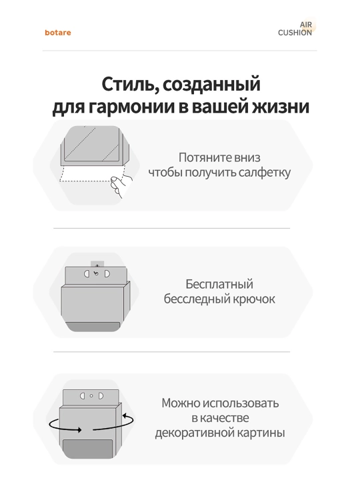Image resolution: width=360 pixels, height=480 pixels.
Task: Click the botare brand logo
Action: (58, 33)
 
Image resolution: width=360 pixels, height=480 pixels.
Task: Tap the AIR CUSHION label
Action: (295, 29)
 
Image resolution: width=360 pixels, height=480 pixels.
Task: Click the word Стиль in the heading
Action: (126, 84)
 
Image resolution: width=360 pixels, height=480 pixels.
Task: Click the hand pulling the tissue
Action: (120, 185)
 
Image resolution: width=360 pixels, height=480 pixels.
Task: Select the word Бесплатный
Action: (219, 284)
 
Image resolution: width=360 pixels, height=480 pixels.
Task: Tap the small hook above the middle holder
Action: (97, 264)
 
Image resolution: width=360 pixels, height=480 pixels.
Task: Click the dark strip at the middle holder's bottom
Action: (93, 326)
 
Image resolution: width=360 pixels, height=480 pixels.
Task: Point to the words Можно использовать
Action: (220, 403)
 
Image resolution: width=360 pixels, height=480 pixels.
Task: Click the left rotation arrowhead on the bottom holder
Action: (79, 430)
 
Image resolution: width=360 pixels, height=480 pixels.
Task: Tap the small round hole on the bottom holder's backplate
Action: (91, 396)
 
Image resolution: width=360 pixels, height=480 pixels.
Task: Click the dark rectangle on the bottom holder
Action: (88, 449)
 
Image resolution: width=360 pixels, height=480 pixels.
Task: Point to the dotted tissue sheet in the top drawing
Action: (92, 173)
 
